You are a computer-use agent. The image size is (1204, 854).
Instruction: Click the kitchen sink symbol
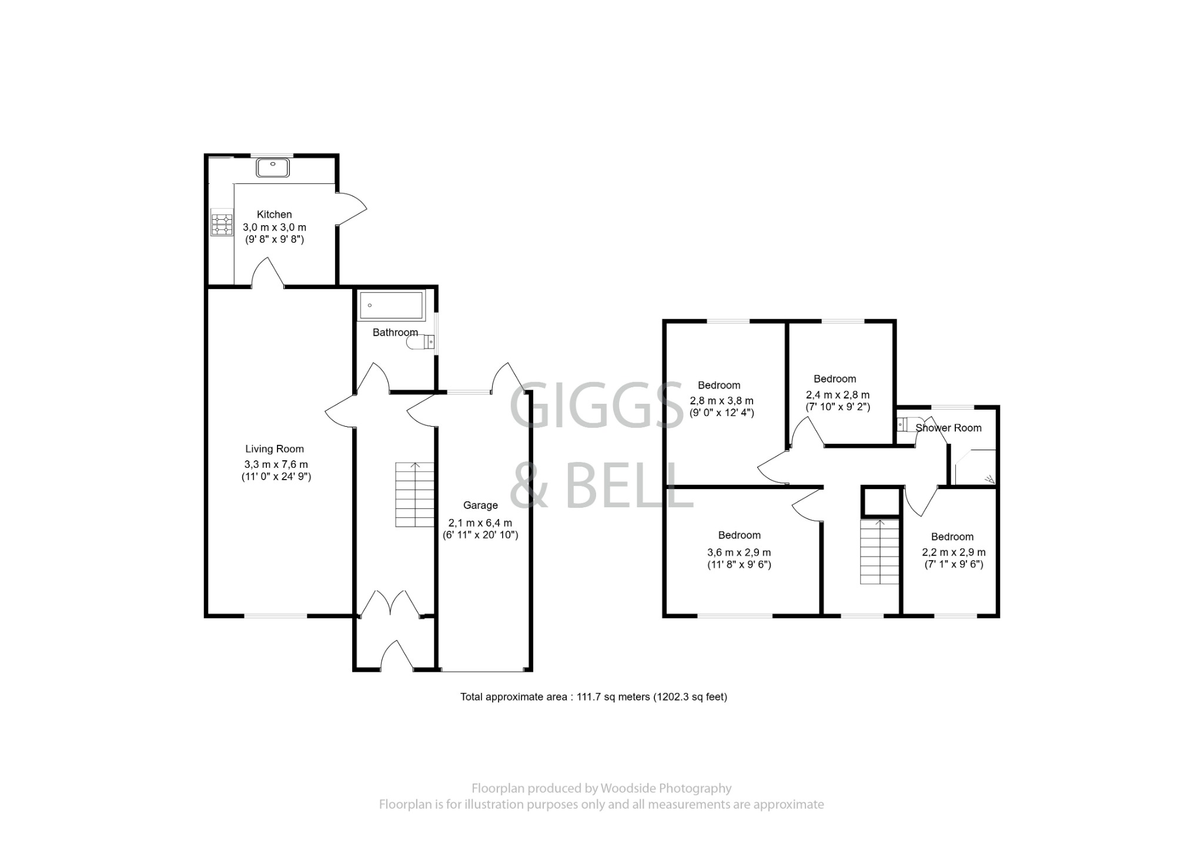pyautogui.click(x=273, y=168)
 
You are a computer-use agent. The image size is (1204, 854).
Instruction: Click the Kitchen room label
pyautogui.click(x=274, y=215)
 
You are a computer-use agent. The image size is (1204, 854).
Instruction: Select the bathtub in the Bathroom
pyautogui.click(x=391, y=305)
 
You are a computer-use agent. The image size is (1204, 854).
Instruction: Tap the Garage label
pyautogui.click(x=480, y=505)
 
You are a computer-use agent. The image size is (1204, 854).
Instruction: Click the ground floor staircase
pyautogui.click(x=414, y=494)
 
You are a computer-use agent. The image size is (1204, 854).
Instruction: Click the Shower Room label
pyautogui.click(x=948, y=428)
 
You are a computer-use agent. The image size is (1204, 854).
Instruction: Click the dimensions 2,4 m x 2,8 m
pyautogui.click(x=837, y=395)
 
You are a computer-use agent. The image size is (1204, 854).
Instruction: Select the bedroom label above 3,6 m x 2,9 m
pyautogui.click(x=739, y=535)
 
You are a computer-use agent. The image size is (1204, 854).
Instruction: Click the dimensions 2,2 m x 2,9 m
pyautogui.click(x=953, y=552)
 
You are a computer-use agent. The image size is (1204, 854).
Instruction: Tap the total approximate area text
pyautogui.click(x=593, y=697)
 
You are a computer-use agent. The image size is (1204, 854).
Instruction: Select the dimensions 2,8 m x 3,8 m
pyautogui.click(x=721, y=401)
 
